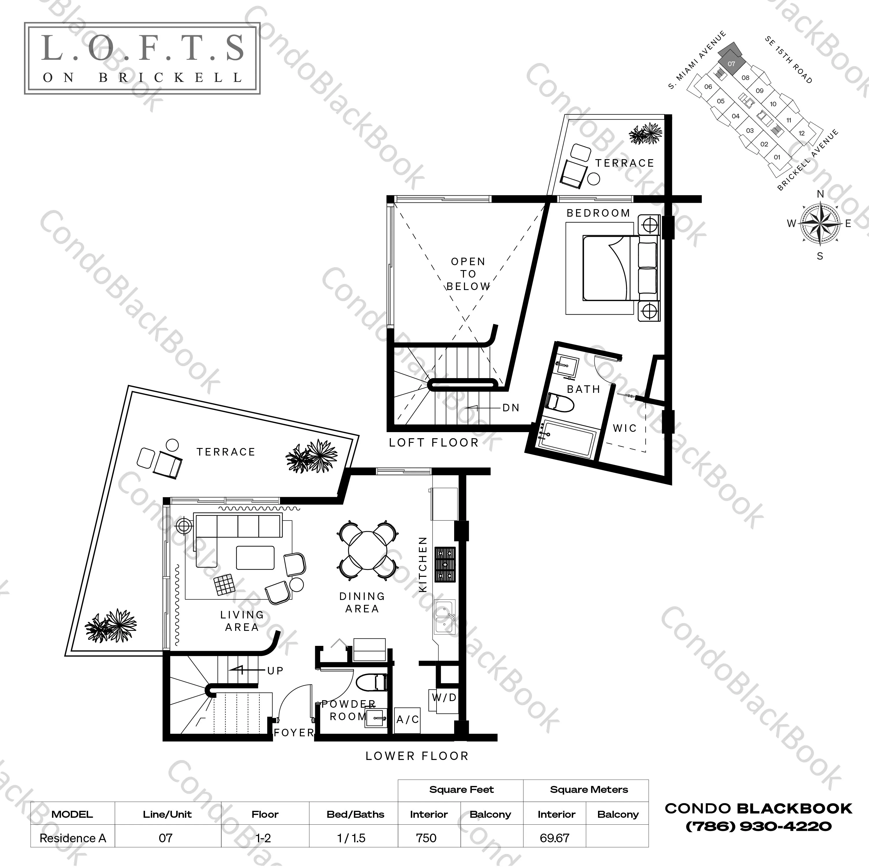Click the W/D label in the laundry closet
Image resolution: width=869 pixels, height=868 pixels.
point(444,698)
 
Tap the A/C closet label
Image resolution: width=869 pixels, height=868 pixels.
point(408,720)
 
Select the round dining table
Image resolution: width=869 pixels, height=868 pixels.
point(367,551)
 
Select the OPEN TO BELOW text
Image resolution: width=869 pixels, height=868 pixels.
point(468,274)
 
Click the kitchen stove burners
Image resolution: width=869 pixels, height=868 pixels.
point(445,564)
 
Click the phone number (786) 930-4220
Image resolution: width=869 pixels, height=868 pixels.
point(758,826)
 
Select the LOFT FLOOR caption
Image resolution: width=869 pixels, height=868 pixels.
point(434,443)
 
